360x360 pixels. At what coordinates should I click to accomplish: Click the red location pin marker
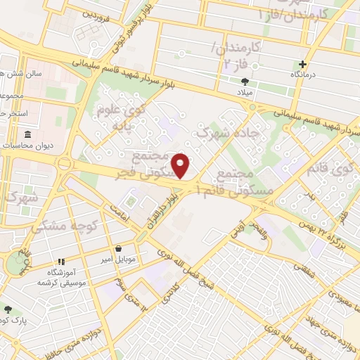[x=181, y=166]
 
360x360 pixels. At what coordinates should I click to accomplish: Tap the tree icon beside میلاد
[x=245, y=82]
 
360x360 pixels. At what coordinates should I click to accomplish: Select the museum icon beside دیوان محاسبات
[x=27, y=134]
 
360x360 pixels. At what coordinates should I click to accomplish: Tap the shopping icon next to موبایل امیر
[x=119, y=248]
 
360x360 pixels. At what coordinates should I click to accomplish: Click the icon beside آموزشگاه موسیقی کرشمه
[x=60, y=262]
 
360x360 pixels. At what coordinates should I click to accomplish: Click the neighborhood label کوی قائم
[x=345, y=169]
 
